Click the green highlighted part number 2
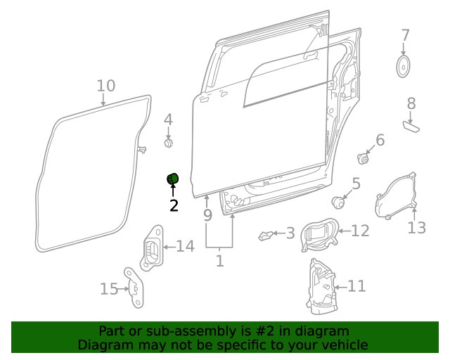click(x=172, y=180)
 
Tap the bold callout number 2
click(x=173, y=205)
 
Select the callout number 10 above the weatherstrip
click(x=105, y=86)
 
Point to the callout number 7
click(x=405, y=35)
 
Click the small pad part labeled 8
click(x=411, y=126)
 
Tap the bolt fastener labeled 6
click(x=364, y=157)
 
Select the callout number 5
click(x=356, y=184)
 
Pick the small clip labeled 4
click(x=168, y=143)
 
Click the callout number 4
click(x=168, y=120)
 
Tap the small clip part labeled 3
click(x=266, y=236)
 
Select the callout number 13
click(x=417, y=227)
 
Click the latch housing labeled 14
click(x=152, y=249)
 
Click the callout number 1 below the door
click(x=219, y=262)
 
